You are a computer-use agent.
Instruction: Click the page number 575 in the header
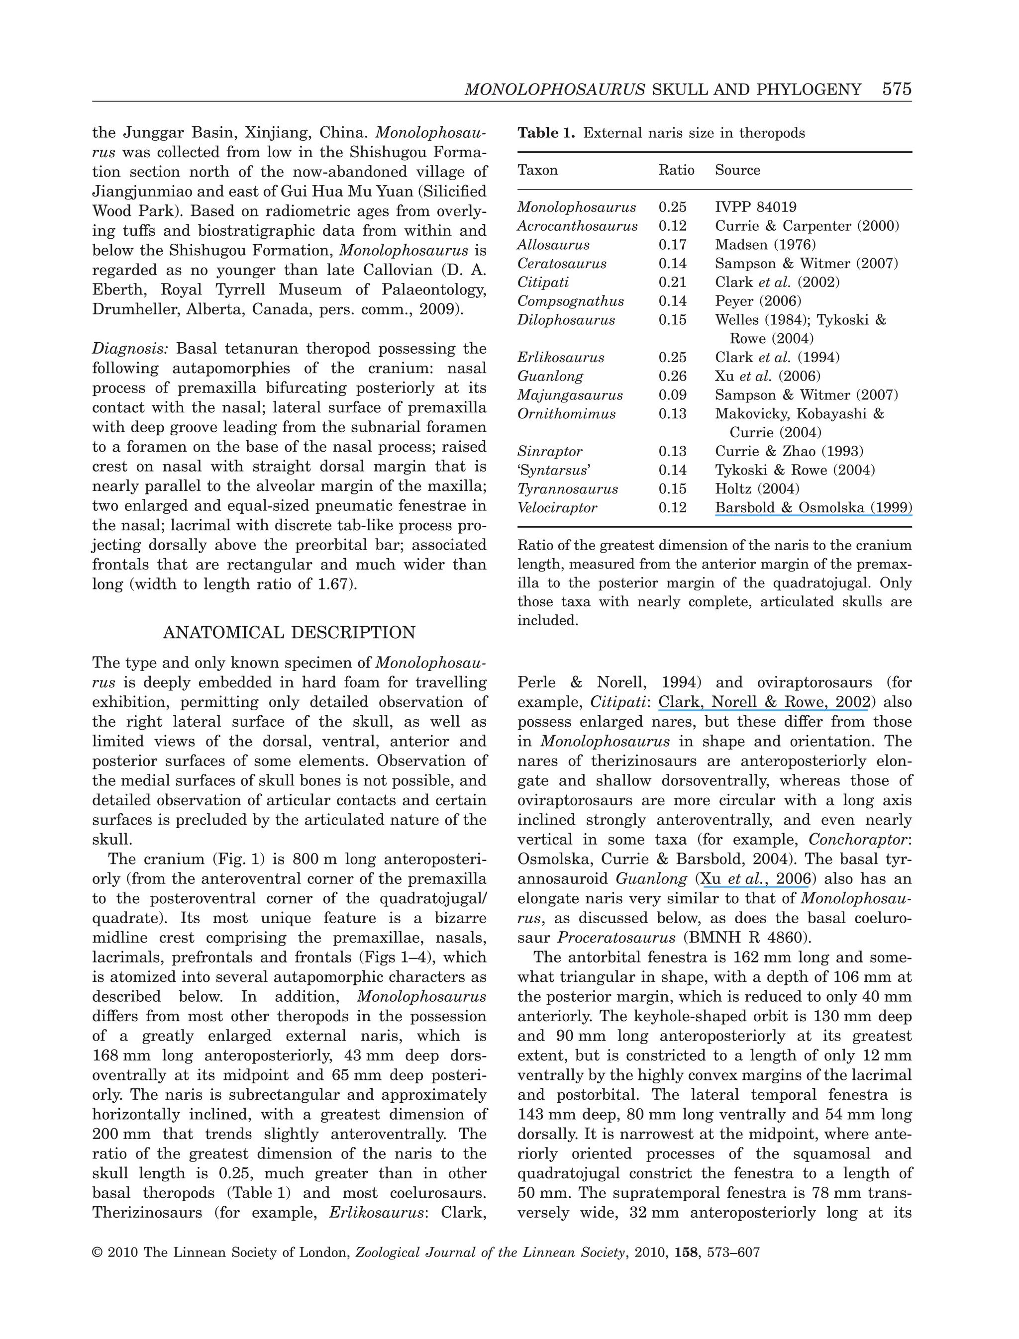tap(897, 90)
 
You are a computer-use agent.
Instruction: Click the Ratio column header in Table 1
tap(676, 171)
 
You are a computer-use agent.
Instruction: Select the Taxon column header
tap(537, 171)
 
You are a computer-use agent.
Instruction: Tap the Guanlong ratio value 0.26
tap(672, 377)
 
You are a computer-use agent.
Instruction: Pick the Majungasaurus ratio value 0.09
tap(672, 395)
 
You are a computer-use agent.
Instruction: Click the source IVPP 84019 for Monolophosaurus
tap(755, 207)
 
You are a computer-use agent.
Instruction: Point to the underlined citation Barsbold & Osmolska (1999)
tap(813, 508)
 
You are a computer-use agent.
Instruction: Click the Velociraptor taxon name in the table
tap(556, 508)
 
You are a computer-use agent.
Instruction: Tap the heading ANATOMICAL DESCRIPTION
tap(289, 633)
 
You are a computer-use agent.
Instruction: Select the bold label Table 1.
tap(545, 133)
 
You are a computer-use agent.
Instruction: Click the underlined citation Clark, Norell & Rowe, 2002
tap(764, 702)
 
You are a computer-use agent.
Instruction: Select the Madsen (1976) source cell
tap(765, 245)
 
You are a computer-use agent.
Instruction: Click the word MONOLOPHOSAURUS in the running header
tap(554, 90)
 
